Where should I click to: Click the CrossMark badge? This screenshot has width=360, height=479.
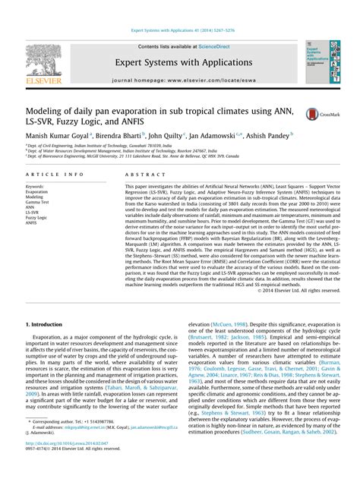314,114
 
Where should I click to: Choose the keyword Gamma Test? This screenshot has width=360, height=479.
37,203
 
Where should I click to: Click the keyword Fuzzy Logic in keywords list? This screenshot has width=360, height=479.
36,218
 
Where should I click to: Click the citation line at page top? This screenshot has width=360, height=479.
179,31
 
